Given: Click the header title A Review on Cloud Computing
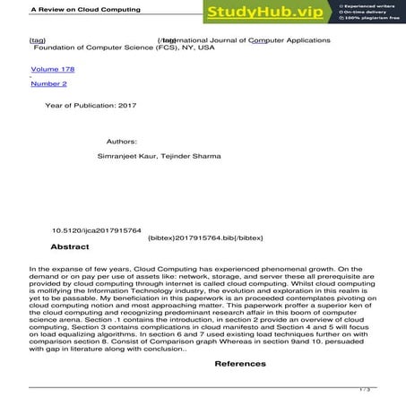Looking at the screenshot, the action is [52, 7].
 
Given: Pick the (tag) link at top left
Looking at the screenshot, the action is [38, 40].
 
